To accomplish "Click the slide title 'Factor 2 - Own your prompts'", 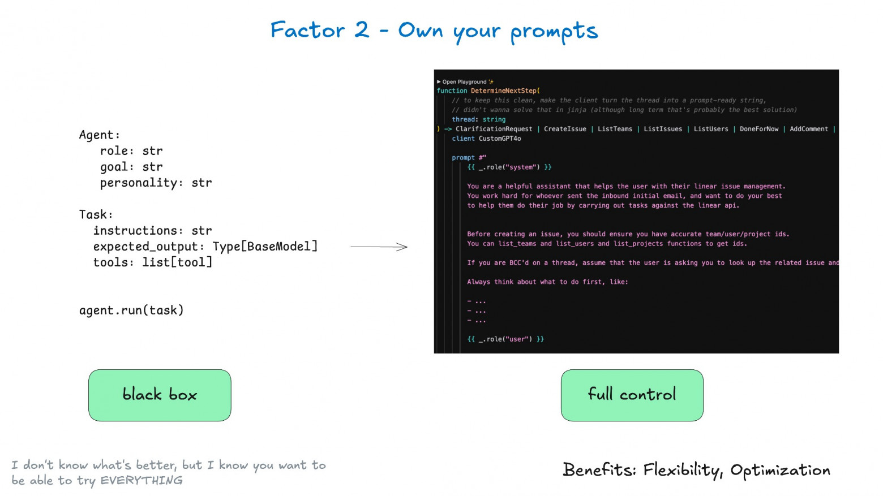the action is coord(434,31).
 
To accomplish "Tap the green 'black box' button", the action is coord(160,395).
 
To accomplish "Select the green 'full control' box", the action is coord(632,395).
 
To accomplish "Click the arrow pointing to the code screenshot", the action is coord(379,247).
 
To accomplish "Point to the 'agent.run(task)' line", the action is coord(132,310).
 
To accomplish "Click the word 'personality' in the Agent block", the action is coord(138,183).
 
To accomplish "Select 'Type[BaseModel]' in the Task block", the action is coord(265,247).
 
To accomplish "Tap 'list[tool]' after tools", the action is coord(177,262).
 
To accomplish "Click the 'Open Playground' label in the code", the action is coord(464,82).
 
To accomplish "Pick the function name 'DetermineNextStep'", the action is coord(503,91).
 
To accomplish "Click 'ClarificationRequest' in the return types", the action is coord(494,129).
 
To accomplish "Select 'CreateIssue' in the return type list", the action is coord(565,129).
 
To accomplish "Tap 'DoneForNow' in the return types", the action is coord(759,129).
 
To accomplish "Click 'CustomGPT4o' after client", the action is coord(500,139).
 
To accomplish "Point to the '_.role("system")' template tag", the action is coord(509,167).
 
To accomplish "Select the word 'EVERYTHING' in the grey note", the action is coord(142,481).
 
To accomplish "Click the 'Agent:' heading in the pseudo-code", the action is coord(100,135).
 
